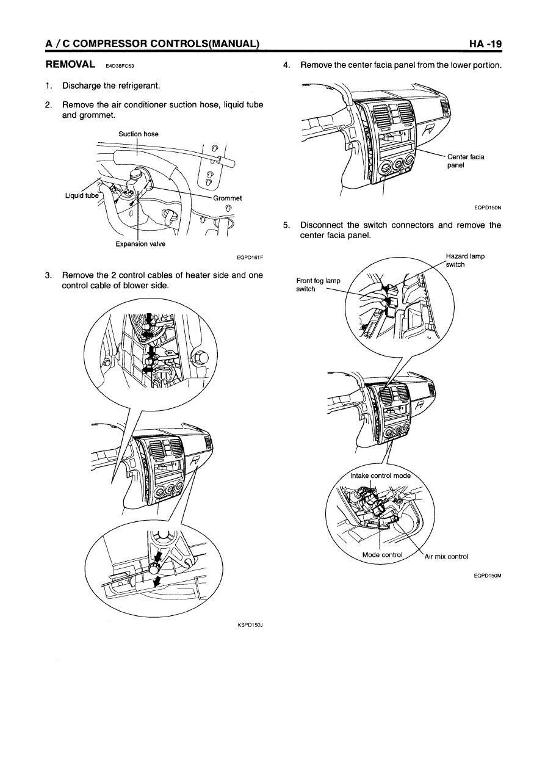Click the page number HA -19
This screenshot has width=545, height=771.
pyautogui.click(x=485, y=44)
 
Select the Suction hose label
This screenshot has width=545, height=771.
pyautogui.click(x=139, y=134)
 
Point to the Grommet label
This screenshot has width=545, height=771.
pyautogui.click(x=228, y=198)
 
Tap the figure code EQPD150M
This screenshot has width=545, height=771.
pyautogui.click(x=486, y=574)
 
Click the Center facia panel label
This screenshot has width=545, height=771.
pyautogui.click(x=465, y=161)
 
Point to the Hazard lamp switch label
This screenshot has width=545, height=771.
pyautogui.click(x=465, y=260)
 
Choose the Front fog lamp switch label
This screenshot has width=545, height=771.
pyautogui.click(x=317, y=284)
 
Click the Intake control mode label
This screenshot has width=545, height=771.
pyautogui.click(x=381, y=476)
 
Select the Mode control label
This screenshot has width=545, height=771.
pyautogui.click(x=383, y=555)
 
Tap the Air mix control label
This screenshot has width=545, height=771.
pyautogui.click(x=446, y=556)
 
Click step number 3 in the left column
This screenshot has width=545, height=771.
pyautogui.click(x=48, y=275)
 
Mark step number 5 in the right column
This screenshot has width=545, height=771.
pyautogui.click(x=286, y=225)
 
